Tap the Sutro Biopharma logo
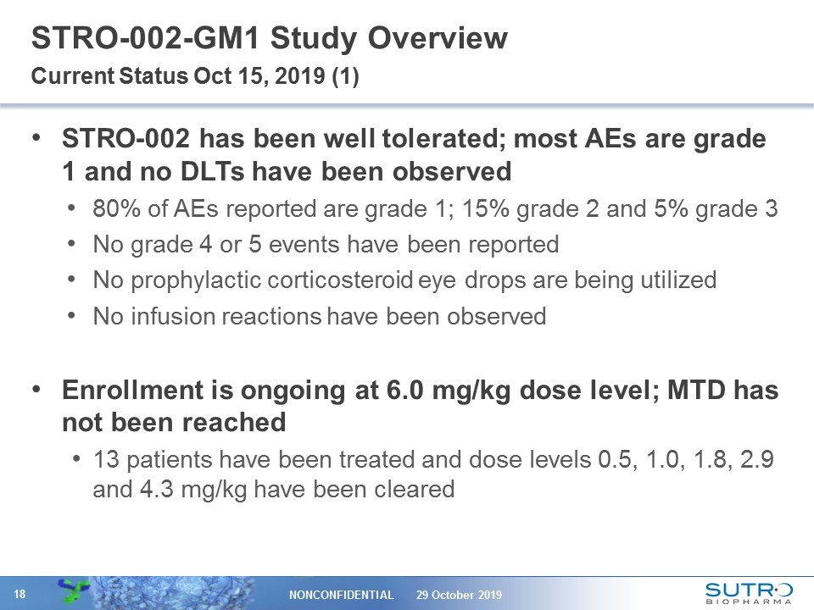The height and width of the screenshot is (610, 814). point(749,593)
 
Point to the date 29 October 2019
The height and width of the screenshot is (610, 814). point(459,595)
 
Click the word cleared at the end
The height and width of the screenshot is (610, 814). point(421,489)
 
